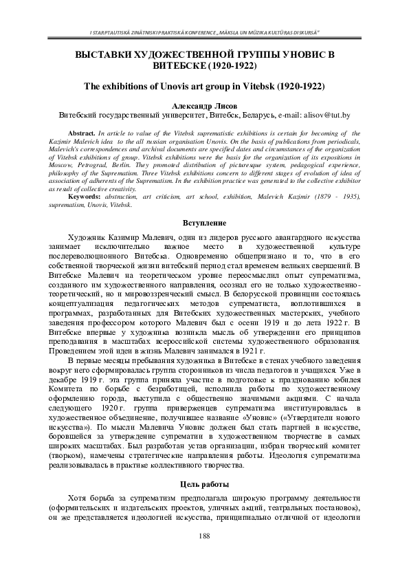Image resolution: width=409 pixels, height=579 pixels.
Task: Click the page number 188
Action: point(204,535)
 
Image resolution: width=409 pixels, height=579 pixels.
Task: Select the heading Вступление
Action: point(204,223)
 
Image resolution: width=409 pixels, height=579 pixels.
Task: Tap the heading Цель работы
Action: point(204,484)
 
